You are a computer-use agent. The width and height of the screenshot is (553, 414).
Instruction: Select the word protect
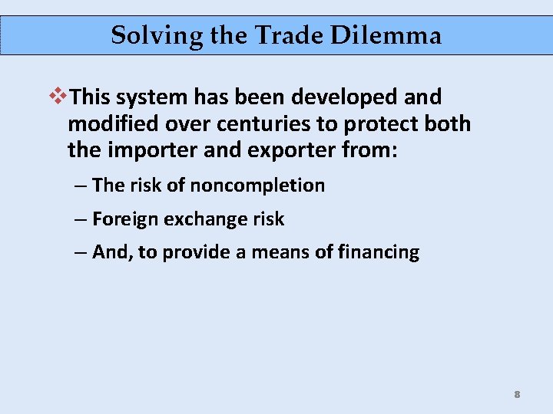click(x=372, y=123)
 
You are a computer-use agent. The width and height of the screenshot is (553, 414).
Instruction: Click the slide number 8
click(x=517, y=395)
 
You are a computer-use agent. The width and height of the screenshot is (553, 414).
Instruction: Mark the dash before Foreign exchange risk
click(x=81, y=219)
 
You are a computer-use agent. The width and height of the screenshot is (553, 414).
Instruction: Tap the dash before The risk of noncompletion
click(x=81, y=185)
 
